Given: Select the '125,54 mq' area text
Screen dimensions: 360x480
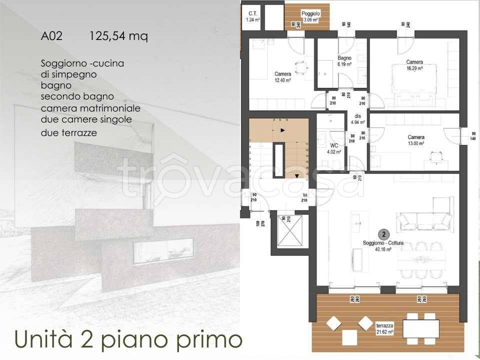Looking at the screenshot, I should [x=118, y=36].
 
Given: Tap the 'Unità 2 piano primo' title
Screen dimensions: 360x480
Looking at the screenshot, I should [x=128, y=338].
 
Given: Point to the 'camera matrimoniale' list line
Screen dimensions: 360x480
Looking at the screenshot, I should [x=90, y=108].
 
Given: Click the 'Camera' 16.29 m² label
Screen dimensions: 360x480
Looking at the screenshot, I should [x=414, y=65].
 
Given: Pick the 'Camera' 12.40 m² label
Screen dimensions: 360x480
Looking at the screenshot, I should [x=282, y=76].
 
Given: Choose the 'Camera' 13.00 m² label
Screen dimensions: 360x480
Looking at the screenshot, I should [x=416, y=140].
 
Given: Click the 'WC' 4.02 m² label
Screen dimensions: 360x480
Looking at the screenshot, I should [x=334, y=149].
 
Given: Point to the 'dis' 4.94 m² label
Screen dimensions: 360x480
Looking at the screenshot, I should [x=358, y=119].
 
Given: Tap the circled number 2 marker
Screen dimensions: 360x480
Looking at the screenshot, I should [x=383, y=234].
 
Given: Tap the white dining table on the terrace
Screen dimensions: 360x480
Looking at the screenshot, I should [x=420, y=328].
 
